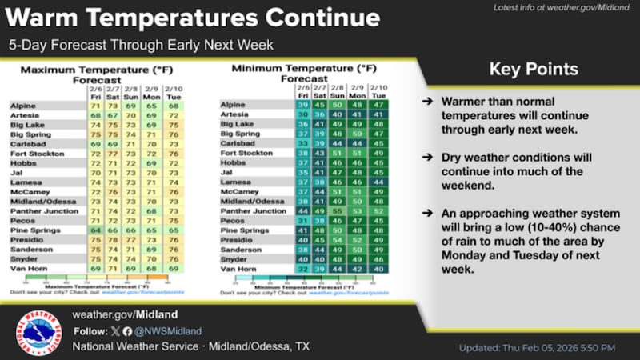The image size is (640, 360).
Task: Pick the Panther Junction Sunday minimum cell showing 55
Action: point(338,211)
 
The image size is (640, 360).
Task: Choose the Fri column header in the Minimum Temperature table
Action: point(302,94)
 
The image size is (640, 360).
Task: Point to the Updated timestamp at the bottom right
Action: point(537,347)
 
